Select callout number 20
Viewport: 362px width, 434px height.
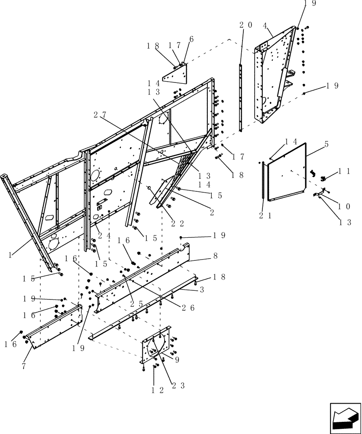[246, 25]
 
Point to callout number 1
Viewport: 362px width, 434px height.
[10, 256]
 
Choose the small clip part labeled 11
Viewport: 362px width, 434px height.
[323, 178]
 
